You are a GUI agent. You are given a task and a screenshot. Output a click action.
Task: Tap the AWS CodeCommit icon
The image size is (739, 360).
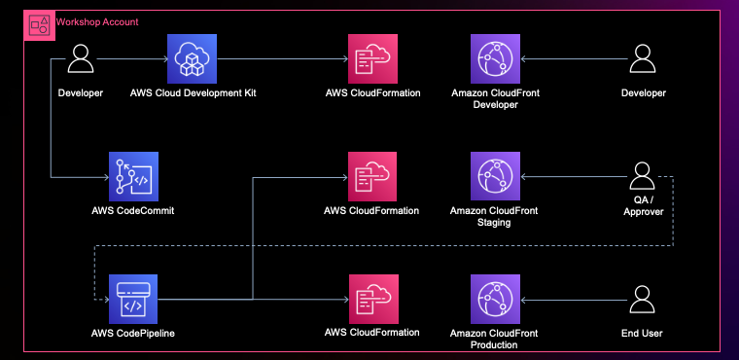point(133,177)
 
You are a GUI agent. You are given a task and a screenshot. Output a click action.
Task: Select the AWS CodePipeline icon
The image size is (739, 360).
point(133,299)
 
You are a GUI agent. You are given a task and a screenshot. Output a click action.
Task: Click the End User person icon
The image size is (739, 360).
point(643,300)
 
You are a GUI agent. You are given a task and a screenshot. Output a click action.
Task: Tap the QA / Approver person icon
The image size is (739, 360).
point(643,177)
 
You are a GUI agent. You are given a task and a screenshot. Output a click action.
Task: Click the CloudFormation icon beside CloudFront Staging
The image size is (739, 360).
point(372,177)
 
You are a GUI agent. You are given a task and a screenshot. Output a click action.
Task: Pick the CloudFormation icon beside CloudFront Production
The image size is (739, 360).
point(372,299)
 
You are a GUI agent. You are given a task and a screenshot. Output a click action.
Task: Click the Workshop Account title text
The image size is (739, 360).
point(97,21)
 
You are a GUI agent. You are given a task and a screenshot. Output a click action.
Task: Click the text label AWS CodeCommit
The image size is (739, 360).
point(133,210)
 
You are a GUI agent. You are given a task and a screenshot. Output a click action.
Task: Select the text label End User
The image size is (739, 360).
point(643,334)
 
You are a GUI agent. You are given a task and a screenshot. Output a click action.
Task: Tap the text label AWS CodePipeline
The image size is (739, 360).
point(133,334)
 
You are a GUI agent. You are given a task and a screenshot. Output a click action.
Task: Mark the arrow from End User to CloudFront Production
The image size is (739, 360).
point(574,299)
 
